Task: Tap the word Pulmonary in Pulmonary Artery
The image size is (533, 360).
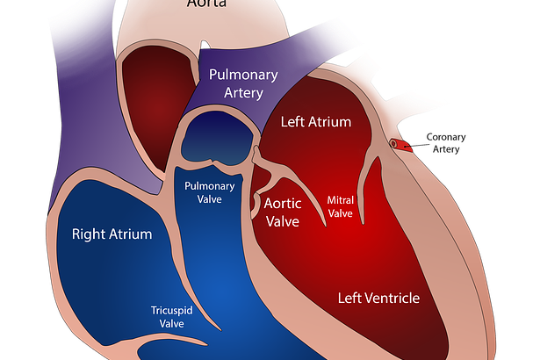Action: coord(244,76)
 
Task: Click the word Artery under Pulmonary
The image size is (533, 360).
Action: coord(242,94)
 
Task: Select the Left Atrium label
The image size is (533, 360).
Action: coord(316,121)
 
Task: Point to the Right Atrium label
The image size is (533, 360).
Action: coord(112,234)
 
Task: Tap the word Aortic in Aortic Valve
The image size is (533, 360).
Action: coord(283,204)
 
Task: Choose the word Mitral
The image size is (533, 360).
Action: coord(340,199)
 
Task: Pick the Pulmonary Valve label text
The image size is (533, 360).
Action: coord(209,192)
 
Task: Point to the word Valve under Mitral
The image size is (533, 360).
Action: coord(340,212)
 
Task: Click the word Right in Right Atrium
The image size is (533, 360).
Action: coord(89,234)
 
